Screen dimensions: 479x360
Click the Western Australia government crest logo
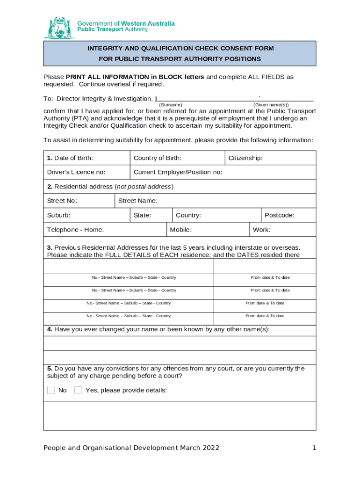pos(59,28)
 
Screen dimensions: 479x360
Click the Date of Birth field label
pos(70,158)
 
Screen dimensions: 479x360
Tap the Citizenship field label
pos(245,158)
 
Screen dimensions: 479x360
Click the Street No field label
pos(62,201)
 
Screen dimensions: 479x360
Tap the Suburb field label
pos(59,215)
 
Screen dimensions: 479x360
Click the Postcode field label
pos(279,215)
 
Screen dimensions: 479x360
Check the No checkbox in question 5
pos(51,390)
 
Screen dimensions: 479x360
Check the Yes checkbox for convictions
pos(78,390)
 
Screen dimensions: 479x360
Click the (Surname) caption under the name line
pos(171,105)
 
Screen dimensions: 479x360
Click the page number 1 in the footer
pos(314,448)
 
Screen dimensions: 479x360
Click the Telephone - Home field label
pos(75,230)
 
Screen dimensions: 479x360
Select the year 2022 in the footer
pos(211,448)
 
